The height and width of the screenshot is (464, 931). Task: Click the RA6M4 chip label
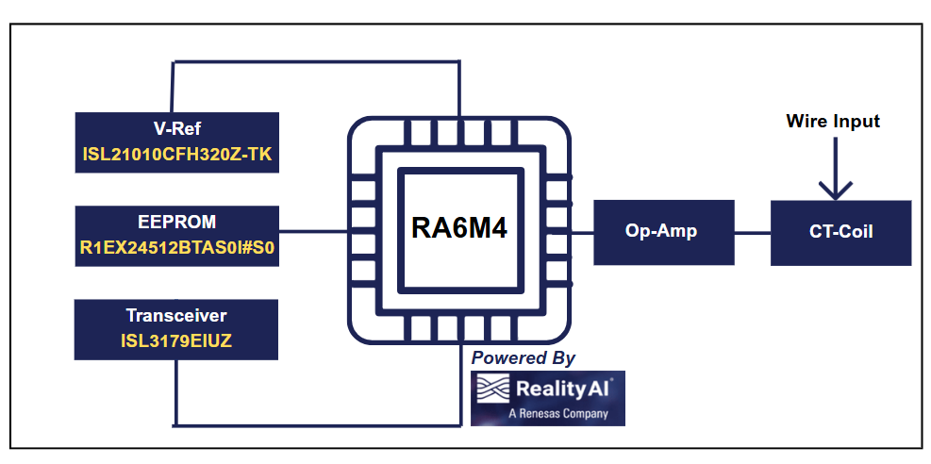459,229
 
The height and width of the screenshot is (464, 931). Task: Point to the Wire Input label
833,122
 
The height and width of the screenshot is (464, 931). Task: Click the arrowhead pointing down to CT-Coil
834,188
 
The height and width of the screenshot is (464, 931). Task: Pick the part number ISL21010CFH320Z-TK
176,156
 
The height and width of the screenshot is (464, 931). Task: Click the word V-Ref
176,129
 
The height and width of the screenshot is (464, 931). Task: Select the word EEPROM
176,223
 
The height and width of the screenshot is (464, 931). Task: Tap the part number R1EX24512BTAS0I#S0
176,249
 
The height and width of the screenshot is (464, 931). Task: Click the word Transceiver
176,316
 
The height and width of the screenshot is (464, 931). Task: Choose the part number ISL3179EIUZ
176,341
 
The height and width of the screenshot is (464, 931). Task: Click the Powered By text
523,358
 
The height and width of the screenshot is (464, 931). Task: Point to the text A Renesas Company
557,414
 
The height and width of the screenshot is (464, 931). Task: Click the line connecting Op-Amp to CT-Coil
752,232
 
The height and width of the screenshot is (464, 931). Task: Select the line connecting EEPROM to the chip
313,232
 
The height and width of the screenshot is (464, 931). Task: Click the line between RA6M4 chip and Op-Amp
583,232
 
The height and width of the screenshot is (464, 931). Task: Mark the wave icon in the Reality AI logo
493,389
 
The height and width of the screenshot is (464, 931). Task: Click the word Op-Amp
663,232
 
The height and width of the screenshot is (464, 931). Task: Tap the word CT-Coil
840,232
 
